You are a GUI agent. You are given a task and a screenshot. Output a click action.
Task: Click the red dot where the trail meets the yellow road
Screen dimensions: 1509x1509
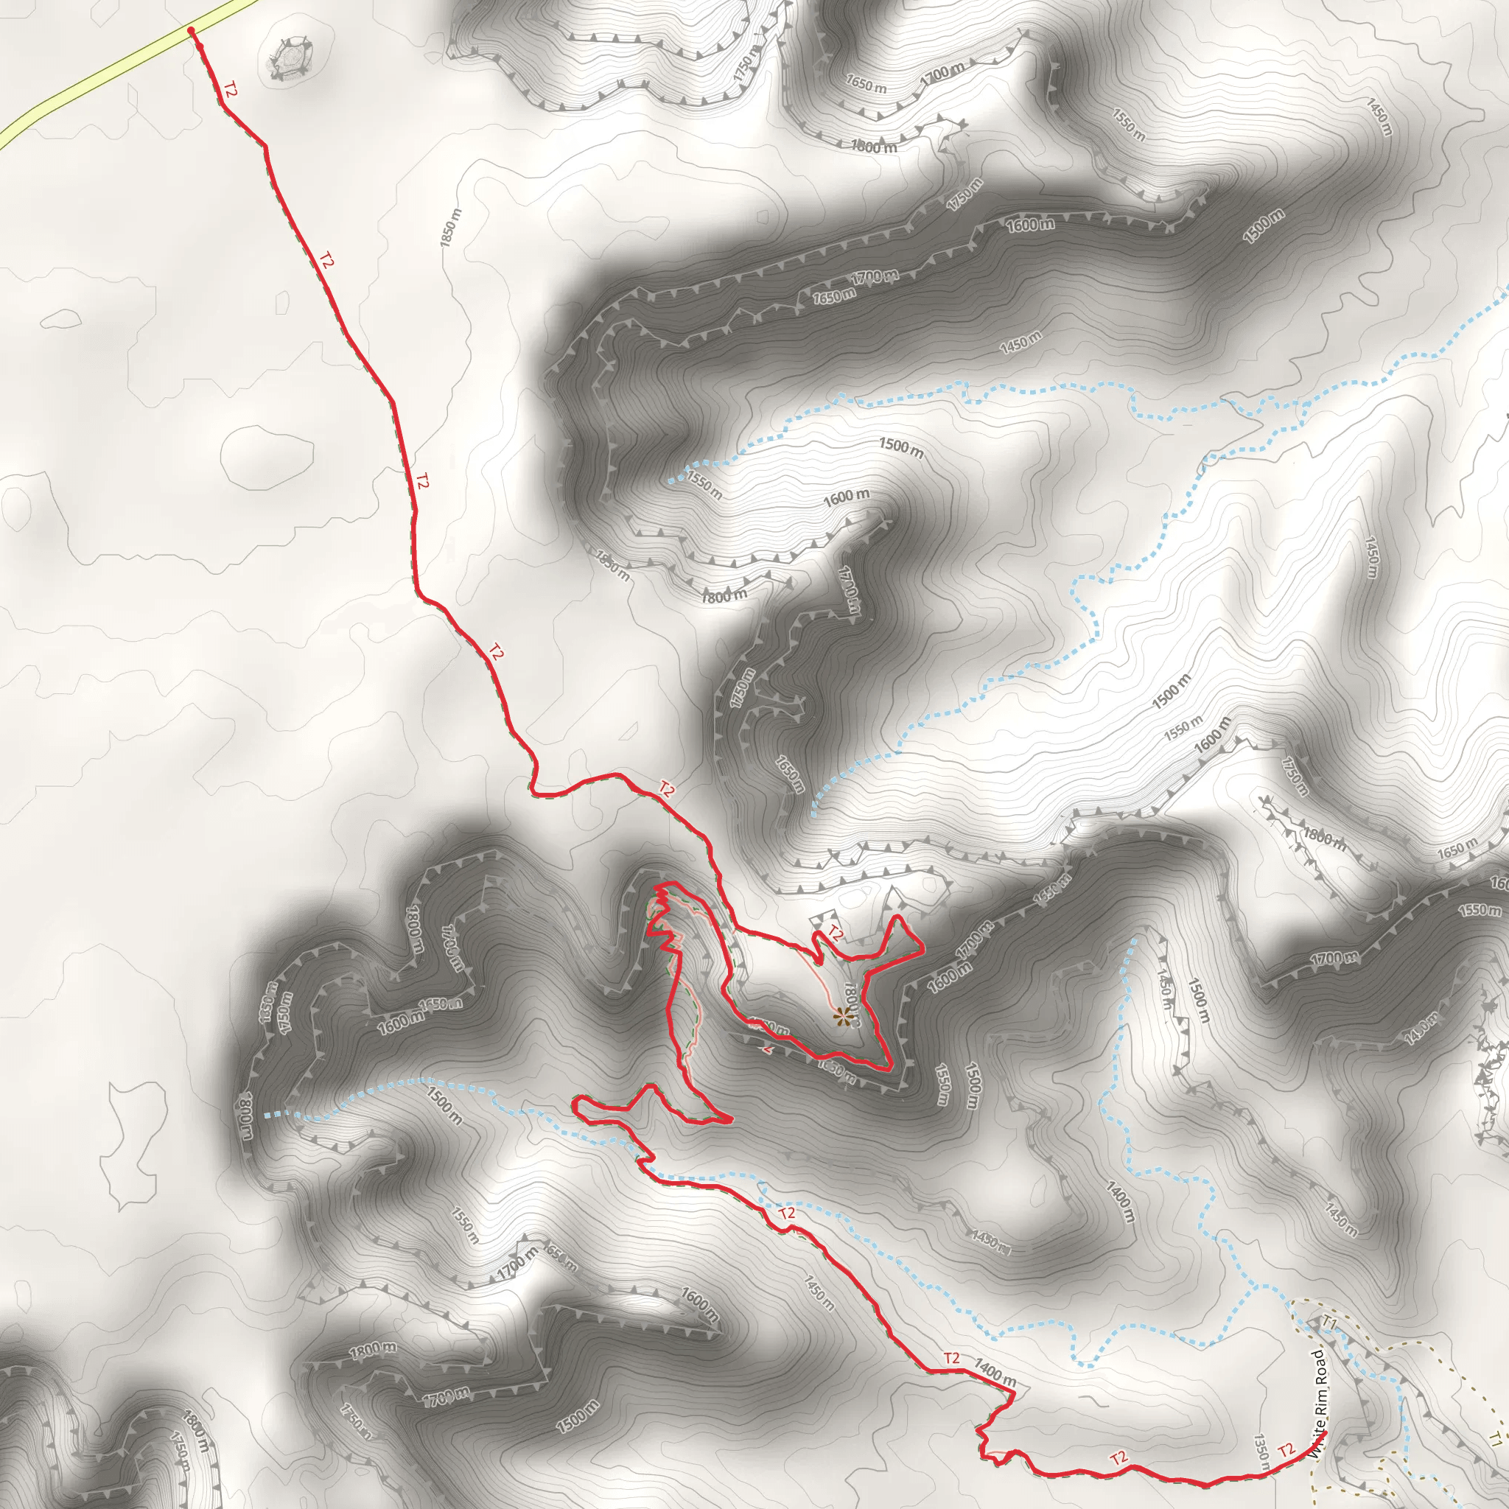coord(192,30)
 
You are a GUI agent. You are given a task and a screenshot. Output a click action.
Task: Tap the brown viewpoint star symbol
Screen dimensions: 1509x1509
coord(841,1016)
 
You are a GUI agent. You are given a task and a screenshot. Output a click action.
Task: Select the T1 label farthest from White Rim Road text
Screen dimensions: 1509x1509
coord(1495,1440)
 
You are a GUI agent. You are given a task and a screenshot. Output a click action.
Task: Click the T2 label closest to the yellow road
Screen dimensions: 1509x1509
coord(229,89)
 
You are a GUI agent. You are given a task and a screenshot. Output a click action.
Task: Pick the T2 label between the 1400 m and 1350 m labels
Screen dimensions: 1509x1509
coord(1118,1457)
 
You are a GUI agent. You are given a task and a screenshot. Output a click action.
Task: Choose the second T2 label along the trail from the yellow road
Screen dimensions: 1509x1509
coord(326,261)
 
